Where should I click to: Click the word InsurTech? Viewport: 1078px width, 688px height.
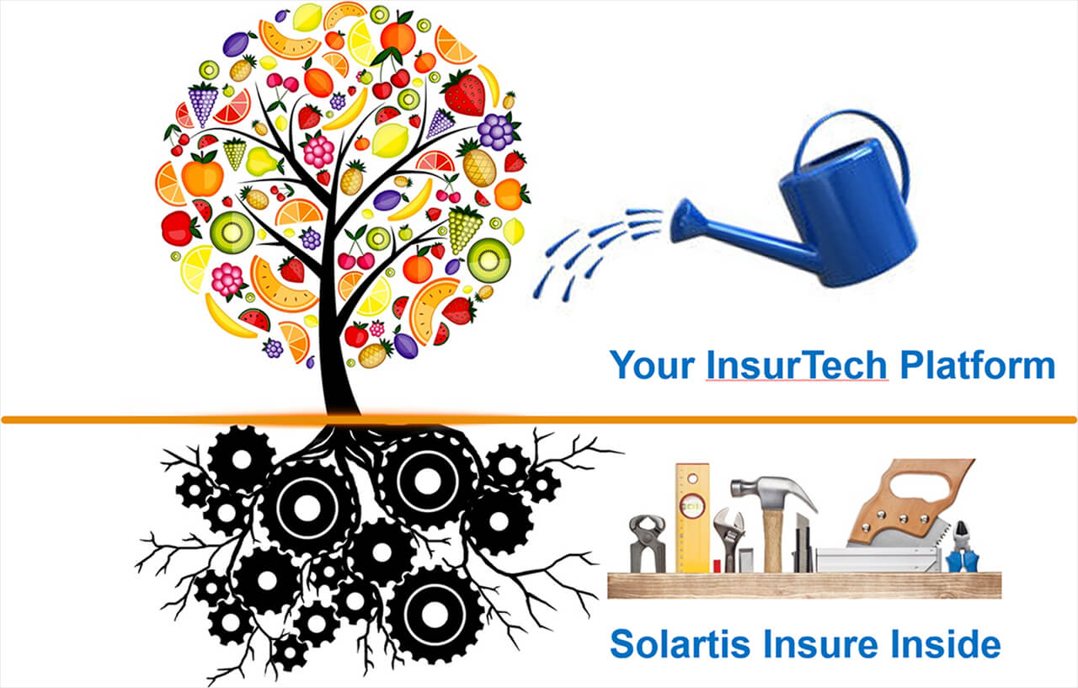coord(797,365)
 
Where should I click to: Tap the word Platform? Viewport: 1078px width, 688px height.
coord(978,365)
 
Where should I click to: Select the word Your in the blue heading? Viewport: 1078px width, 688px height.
coord(652,365)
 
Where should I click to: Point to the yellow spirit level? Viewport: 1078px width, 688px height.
coord(692,518)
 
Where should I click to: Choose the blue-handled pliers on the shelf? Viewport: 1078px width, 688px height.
coord(962,548)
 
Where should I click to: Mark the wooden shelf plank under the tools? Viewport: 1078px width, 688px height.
coord(804,585)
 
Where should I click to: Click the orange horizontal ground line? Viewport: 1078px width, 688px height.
coord(539,420)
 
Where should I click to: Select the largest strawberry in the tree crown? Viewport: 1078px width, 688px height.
coord(464,93)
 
